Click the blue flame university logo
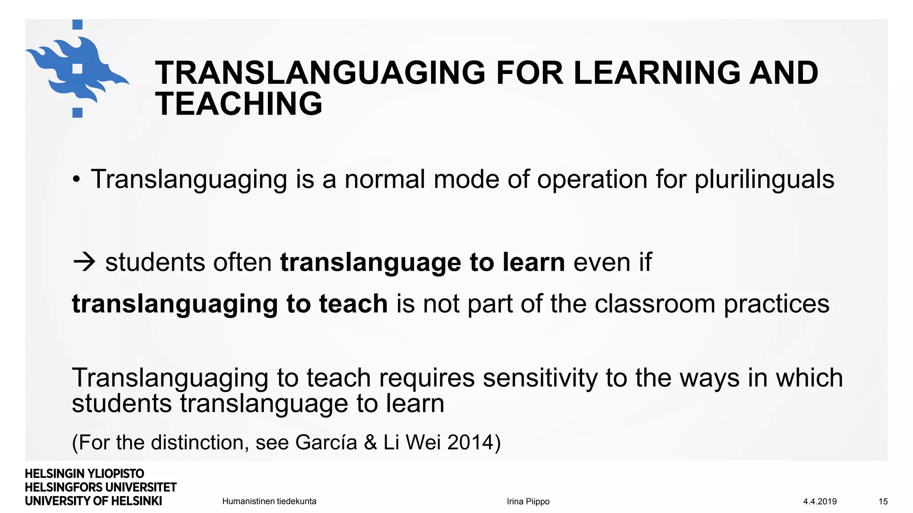[x=77, y=69]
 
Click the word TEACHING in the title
[x=239, y=104]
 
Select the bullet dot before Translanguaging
[x=77, y=180]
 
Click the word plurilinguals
[x=764, y=179]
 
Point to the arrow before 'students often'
[x=84, y=262]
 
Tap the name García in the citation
[x=326, y=442]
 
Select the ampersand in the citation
[x=370, y=442]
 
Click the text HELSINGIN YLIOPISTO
[x=85, y=474]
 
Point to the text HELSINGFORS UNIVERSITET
[x=101, y=488]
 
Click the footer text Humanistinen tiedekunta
[x=269, y=501]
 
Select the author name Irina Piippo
[x=528, y=501]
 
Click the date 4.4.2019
[x=820, y=501]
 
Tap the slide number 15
[x=883, y=501]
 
